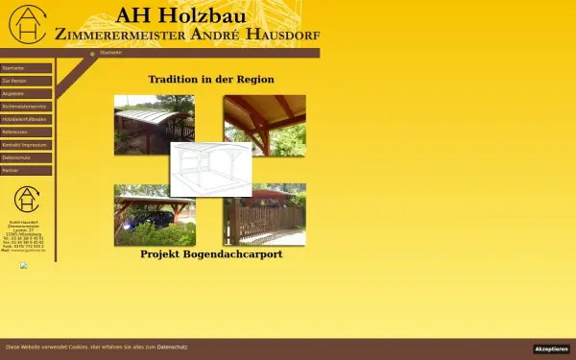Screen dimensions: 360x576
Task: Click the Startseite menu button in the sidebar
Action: coord(26,69)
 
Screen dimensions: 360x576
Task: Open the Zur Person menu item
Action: coord(26,82)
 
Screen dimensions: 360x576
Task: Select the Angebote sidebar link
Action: coord(26,94)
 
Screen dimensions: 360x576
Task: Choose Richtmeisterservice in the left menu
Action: coord(26,107)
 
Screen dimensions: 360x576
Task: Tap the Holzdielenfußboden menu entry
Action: coord(26,119)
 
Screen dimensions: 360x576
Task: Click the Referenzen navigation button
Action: coord(26,132)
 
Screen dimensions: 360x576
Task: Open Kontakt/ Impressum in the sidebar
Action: coord(26,145)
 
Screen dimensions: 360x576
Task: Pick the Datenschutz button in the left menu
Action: coord(26,157)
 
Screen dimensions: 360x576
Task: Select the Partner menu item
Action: coord(26,170)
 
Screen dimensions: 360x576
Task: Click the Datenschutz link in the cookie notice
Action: coord(172,346)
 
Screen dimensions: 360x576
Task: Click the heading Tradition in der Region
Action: coord(211,80)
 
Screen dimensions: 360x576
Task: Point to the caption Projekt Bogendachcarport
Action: coord(211,254)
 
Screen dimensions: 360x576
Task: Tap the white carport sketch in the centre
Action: coord(211,169)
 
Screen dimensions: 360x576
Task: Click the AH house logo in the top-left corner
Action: coord(26,25)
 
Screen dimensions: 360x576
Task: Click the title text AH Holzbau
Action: coord(180,15)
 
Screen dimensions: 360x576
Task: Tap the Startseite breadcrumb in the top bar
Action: coord(111,53)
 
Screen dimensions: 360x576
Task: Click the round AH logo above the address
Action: coord(27,201)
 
